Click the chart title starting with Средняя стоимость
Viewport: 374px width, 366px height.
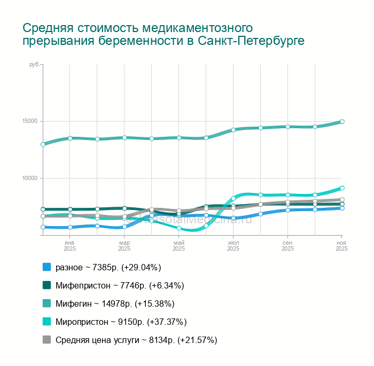[163, 34]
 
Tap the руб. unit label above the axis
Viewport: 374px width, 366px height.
[34, 64]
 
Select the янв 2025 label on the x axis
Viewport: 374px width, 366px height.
[69, 245]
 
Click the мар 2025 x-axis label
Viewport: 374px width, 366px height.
[124, 245]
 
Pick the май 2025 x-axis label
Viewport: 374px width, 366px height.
[178, 245]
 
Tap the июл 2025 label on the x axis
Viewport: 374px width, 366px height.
[233, 245]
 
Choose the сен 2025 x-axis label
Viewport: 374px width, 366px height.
[287, 245]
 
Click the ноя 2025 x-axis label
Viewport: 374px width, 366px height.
[341, 245]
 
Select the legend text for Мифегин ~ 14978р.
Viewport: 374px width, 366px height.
[115, 303]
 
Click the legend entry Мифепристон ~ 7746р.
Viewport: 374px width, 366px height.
[120, 285]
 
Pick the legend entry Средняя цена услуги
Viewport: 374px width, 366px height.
[136, 340]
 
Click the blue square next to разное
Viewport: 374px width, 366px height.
[46, 267]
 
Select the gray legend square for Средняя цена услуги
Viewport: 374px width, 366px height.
[46, 340]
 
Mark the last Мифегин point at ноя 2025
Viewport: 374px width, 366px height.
[342, 121]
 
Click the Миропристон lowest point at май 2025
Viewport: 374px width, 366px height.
[179, 229]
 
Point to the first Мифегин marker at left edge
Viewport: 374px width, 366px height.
[43, 144]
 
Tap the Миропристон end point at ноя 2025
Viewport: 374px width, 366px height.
[342, 188]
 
